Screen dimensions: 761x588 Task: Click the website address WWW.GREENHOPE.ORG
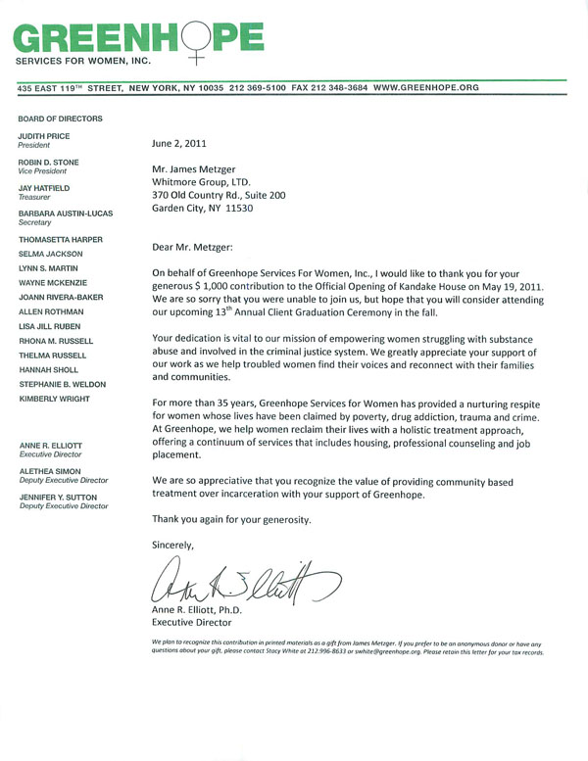(x=426, y=87)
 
